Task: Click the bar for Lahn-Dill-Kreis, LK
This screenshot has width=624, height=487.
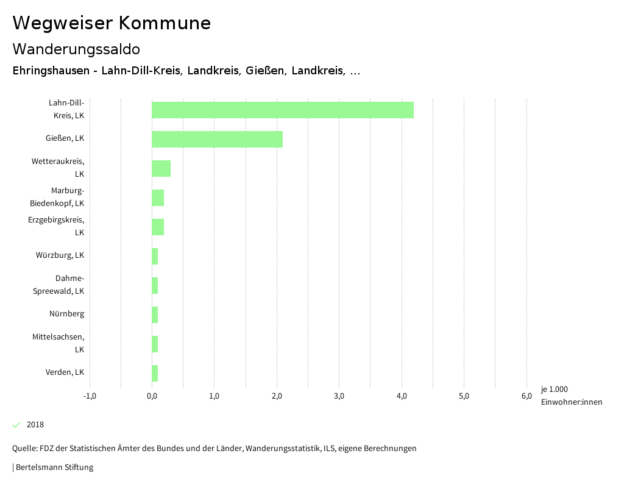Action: point(283,110)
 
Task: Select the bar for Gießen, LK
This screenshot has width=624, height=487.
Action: point(217,139)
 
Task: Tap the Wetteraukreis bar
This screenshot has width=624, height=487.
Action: point(161,168)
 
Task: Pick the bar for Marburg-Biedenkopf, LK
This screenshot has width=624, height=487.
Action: point(158,197)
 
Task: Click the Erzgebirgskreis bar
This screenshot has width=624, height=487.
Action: point(158,227)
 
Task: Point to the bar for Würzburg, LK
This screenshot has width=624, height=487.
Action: point(155,256)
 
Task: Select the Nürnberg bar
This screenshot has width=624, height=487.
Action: point(155,315)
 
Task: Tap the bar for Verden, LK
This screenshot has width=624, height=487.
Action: point(155,373)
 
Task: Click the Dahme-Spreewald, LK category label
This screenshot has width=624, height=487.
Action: point(58,285)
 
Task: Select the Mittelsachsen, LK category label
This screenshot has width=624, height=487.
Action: point(58,343)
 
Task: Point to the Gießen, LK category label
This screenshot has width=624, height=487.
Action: point(65,138)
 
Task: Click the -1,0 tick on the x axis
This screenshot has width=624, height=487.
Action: point(90,396)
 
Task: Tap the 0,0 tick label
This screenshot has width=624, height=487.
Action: point(152,396)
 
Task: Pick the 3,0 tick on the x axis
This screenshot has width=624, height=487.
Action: point(339,396)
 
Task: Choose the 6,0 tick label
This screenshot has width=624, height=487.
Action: point(526,396)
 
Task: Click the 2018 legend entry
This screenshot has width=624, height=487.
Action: point(35,425)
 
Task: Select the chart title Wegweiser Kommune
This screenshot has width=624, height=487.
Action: point(112,23)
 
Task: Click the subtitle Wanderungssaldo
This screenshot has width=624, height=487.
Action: point(76,49)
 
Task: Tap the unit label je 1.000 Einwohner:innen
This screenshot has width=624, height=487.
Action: point(571,396)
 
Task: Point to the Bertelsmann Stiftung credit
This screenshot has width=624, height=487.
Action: point(54,467)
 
